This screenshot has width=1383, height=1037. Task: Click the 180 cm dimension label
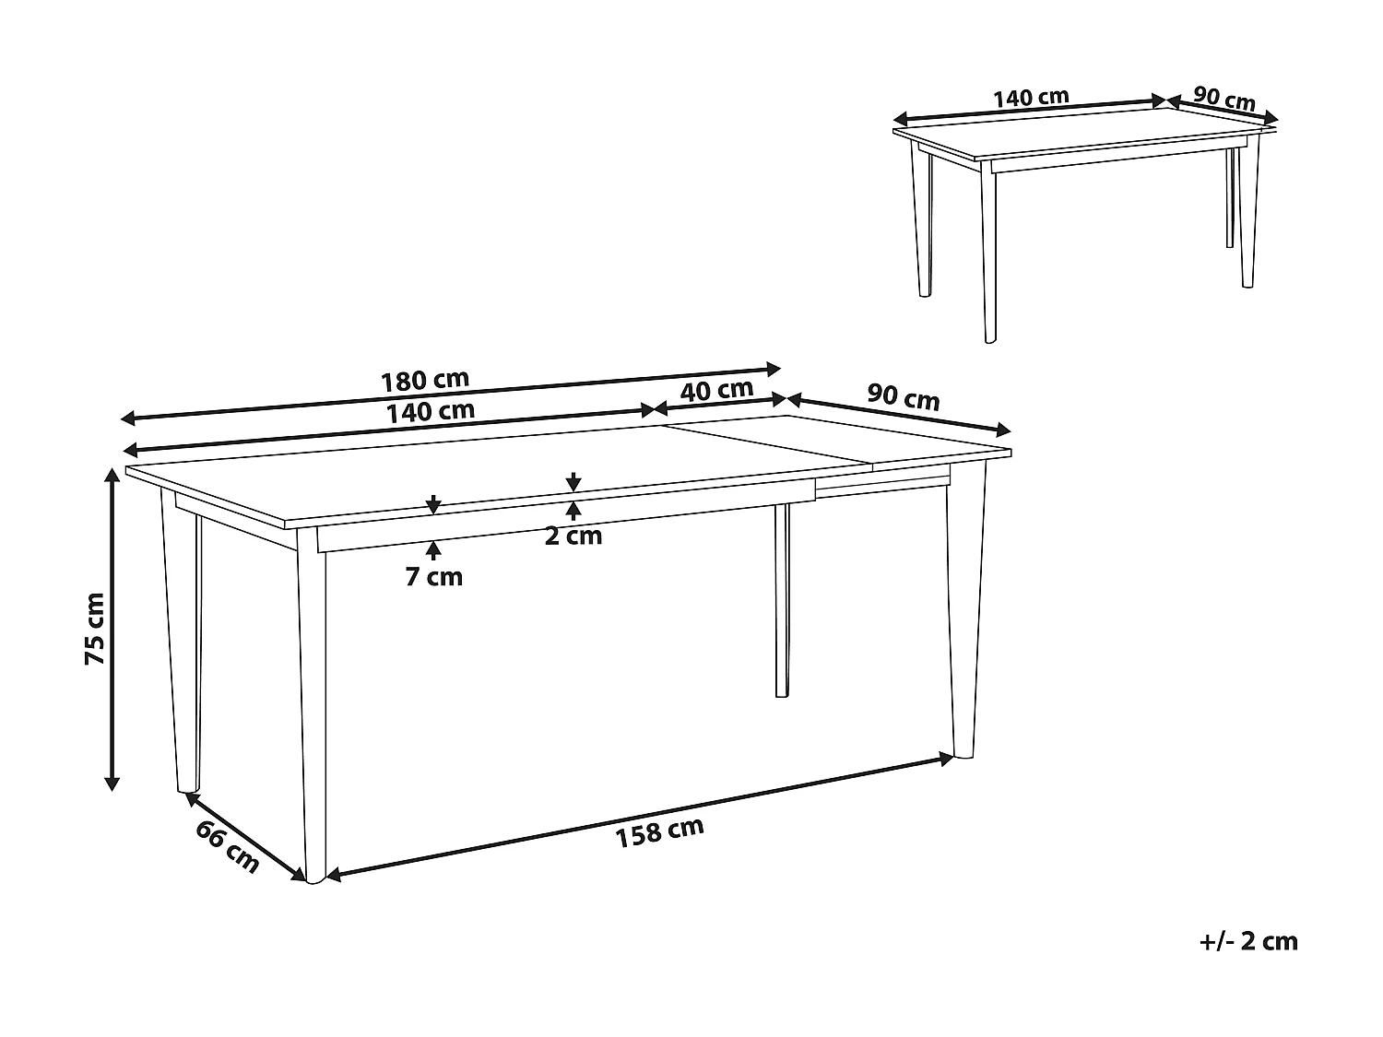point(425,379)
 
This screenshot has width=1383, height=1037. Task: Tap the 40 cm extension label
point(717,390)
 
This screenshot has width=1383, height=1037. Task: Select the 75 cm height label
point(95,629)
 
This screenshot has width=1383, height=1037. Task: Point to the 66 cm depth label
point(227,845)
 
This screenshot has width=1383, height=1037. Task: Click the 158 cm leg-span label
point(659,831)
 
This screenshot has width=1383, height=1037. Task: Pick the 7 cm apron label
point(434,577)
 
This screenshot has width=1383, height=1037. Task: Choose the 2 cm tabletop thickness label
point(573,536)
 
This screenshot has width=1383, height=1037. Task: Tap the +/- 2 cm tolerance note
point(1249,941)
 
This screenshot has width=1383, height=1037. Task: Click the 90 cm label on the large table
point(904,397)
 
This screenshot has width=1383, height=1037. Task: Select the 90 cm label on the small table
point(1224,98)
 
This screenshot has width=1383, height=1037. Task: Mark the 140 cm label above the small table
point(1030,97)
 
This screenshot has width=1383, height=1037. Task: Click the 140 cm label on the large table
point(431,411)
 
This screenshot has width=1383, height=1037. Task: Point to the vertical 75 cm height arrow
point(112,629)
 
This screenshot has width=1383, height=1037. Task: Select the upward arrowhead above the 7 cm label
point(434,549)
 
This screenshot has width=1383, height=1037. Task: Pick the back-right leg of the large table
point(782,599)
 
